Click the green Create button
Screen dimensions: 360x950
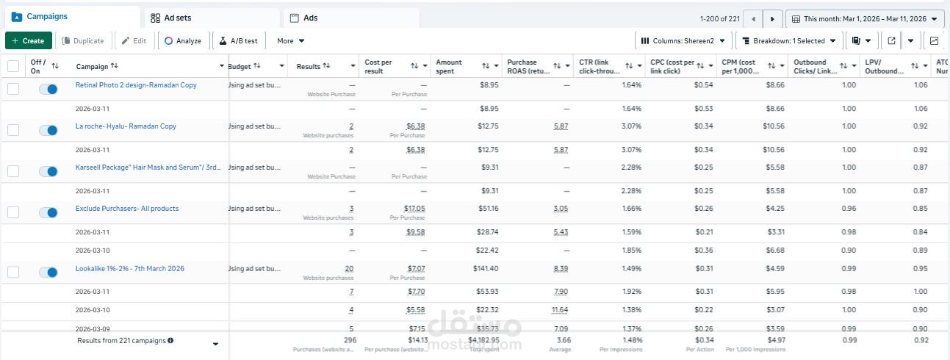[29, 41]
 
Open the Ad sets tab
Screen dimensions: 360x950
[171, 18]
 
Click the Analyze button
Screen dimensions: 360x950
[183, 41]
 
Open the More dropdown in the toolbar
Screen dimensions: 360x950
[291, 41]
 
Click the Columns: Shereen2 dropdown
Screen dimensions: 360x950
[683, 41]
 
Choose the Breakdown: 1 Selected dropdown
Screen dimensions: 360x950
[788, 41]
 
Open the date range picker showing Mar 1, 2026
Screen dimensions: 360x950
[864, 18]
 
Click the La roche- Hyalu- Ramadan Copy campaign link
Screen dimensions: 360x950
[126, 126]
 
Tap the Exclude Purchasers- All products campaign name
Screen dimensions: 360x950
[127, 209]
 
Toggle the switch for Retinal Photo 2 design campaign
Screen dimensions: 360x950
[48, 89]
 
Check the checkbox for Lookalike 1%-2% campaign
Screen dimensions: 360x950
[13, 273]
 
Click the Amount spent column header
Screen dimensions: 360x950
[449, 66]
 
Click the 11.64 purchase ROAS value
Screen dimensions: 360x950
[561, 310]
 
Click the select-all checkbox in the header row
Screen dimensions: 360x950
[13, 66]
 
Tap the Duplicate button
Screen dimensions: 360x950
[82, 41]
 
